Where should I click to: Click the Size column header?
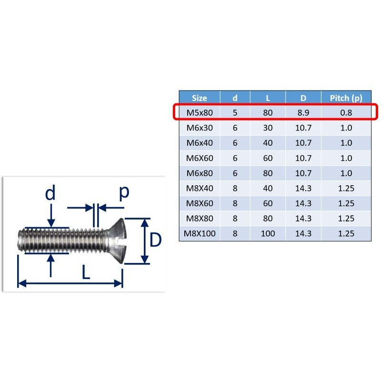point(199,98)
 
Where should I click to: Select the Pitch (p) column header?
point(346,98)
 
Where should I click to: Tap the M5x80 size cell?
point(200,113)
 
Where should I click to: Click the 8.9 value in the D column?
point(303,113)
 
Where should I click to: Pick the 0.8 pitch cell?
point(346,113)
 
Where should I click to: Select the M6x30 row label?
point(200,128)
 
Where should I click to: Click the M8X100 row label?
point(200,233)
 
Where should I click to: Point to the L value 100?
point(268,233)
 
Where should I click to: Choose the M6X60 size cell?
point(200,158)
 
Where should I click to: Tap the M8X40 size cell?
point(200,188)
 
